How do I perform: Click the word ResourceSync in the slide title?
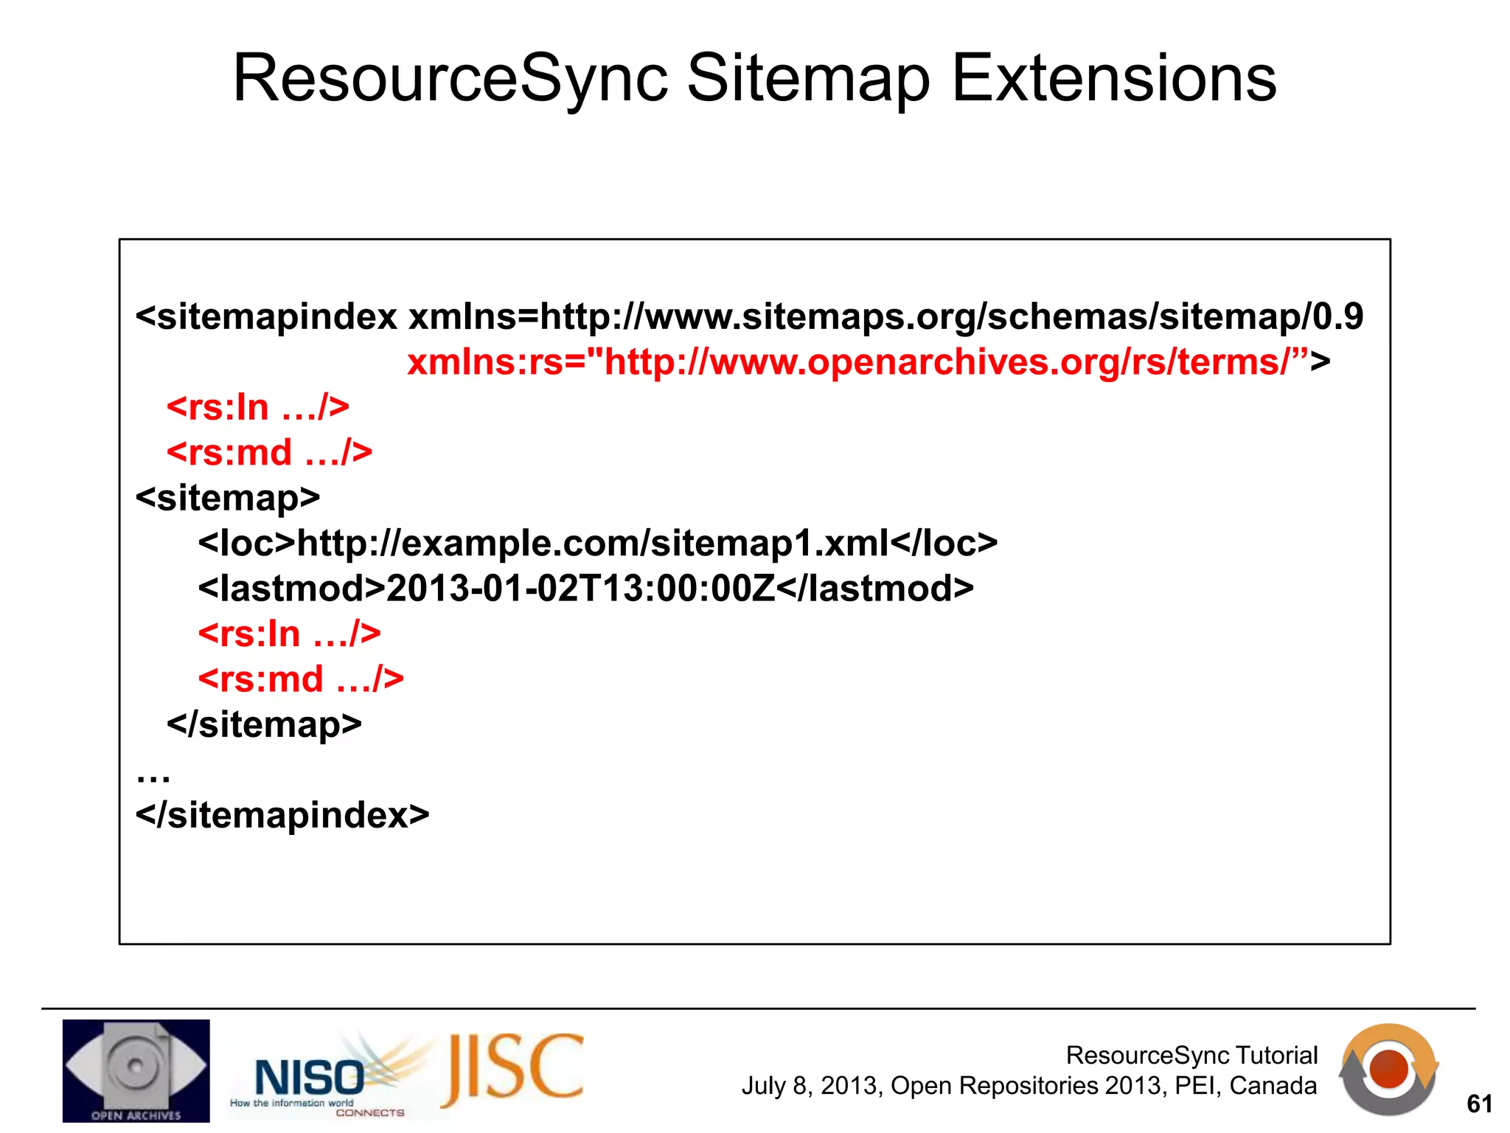pos(450,79)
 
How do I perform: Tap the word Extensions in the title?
pos(1113,79)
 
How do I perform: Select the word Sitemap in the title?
pos(809,79)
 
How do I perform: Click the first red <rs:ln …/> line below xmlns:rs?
pos(257,407)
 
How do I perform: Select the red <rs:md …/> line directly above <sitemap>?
pos(269,452)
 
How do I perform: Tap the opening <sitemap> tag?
pos(228,498)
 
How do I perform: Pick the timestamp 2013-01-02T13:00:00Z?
pos(580,589)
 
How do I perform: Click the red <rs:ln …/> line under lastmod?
pos(289,634)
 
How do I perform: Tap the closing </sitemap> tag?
pos(264,724)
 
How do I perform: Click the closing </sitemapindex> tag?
pos(282,815)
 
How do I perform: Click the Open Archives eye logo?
pos(136,1070)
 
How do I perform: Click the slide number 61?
pos(1479,1103)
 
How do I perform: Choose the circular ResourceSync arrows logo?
pos(1388,1070)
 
